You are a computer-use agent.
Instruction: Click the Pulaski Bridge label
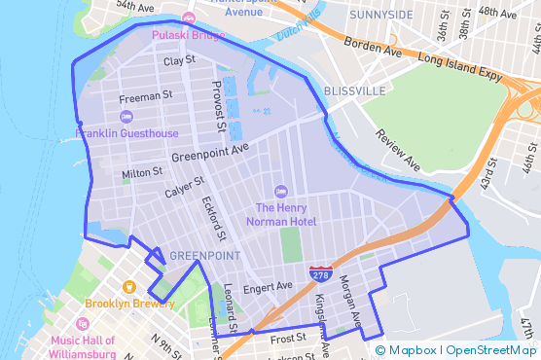pyautogui.click(x=188, y=35)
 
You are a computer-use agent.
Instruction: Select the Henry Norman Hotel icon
pyautogui.click(x=281, y=191)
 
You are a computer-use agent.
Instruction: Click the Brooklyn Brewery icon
pyautogui.click(x=128, y=287)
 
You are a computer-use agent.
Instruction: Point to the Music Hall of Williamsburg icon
pyautogui.click(x=83, y=324)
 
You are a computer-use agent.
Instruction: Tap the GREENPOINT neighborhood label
pyautogui.click(x=204, y=256)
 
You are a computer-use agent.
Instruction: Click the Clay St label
pyautogui.click(x=179, y=60)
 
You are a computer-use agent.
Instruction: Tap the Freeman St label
pyautogui.click(x=145, y=97)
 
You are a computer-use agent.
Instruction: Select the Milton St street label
pyautogui.click(x=142, y=172)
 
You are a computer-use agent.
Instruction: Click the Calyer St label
pyautogui.click(x=184, y=187)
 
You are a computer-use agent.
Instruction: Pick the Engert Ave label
pyautogui.click(x=268, y=287)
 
